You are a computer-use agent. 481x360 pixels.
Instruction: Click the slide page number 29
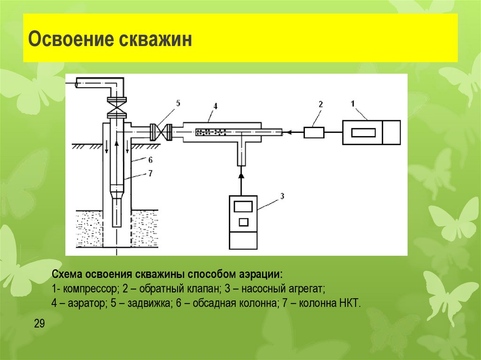[39, 323]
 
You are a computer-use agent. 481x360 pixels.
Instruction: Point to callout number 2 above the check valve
[321, 105]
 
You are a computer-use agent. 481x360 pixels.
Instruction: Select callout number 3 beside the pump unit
[282, 196]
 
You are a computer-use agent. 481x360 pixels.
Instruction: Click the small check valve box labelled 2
[314, 133]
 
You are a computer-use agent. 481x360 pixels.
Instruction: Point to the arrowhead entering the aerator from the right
[288, 133]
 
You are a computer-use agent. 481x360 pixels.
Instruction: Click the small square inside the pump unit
[243, 222]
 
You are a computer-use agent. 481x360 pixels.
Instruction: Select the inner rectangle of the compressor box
[363, 132]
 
